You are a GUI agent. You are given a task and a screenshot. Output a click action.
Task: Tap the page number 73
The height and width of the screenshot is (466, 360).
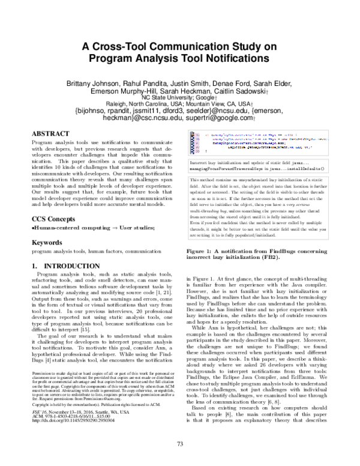(180, 444)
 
